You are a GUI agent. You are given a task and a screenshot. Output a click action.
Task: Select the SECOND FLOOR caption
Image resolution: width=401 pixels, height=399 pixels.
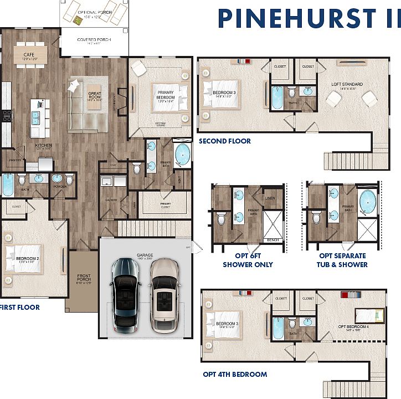[x=225, y=141]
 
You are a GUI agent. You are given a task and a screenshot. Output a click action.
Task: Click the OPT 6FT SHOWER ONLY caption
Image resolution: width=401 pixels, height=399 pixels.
[x=248, y=260]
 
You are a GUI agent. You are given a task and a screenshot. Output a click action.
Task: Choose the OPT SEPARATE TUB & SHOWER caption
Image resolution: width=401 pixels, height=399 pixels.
[x=343, y=260]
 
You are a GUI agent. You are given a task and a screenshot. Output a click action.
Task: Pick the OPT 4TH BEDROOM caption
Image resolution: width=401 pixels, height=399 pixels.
[x=235, y=375]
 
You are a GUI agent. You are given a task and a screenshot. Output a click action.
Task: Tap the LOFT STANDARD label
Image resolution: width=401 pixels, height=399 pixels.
[x=346, y=85]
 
